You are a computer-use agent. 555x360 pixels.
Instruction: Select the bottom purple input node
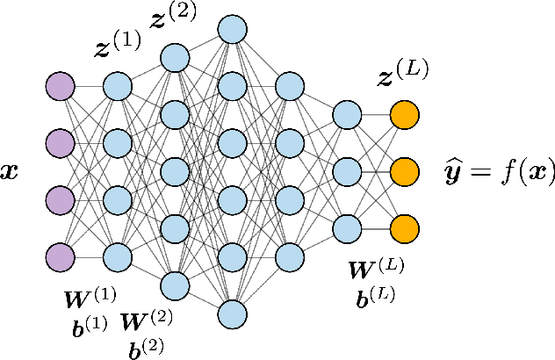(60, 256)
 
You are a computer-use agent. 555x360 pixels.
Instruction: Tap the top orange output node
(405, 114)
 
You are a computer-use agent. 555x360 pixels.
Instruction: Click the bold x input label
(11, 172)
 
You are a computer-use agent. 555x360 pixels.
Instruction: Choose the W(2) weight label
(146, 323)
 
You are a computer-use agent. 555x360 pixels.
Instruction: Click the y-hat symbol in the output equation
(457, 172)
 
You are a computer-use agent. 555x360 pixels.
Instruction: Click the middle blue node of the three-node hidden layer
(348, 171)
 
